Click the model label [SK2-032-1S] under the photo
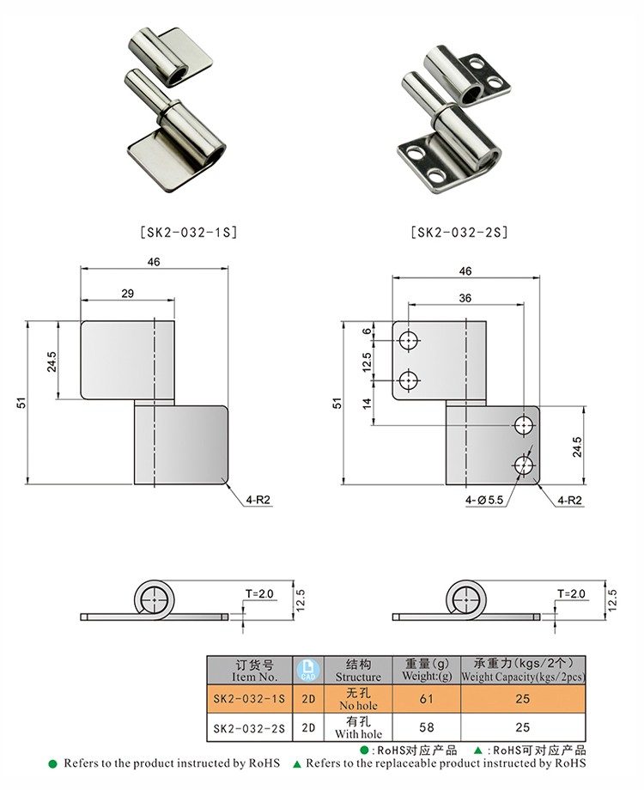187,232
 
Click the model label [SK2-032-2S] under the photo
459,232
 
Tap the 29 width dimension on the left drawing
127,293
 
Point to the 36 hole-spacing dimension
465,298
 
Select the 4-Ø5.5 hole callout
483,501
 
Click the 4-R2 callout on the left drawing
258,500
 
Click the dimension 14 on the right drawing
368,403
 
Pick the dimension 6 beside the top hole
368,331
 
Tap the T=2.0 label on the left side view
259,594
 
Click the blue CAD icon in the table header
307,670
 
